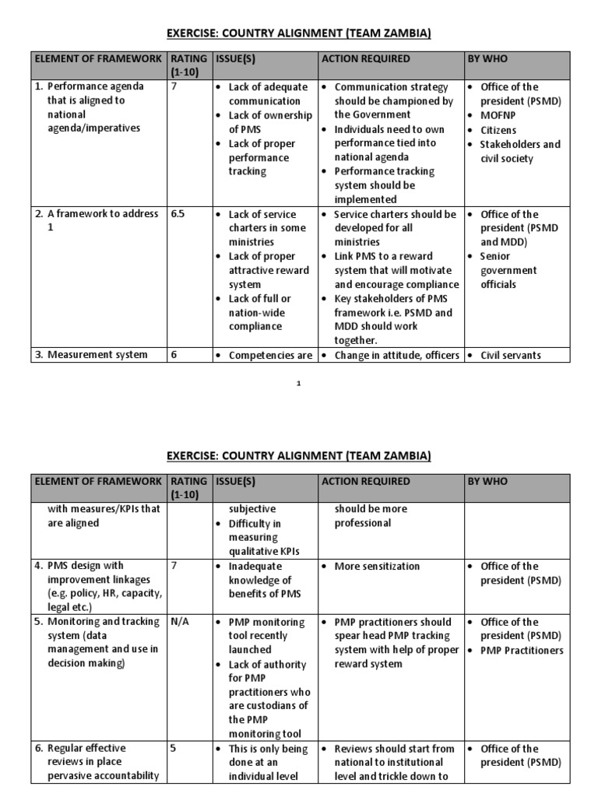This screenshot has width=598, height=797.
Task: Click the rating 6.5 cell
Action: coord(181,214)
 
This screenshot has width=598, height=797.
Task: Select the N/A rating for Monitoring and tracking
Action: coord(180,622)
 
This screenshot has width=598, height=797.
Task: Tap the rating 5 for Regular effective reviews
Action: coord(174,749)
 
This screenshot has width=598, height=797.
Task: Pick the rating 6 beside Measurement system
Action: coord(174,355)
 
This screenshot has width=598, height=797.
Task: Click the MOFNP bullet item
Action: coord(498,115)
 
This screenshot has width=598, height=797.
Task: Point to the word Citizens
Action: coord(498,130)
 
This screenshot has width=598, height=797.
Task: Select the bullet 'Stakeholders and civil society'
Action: coord(519,151)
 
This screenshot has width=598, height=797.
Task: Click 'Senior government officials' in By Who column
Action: coord(508,270)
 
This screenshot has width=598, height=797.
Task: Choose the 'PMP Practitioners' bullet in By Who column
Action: coord(522,650)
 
